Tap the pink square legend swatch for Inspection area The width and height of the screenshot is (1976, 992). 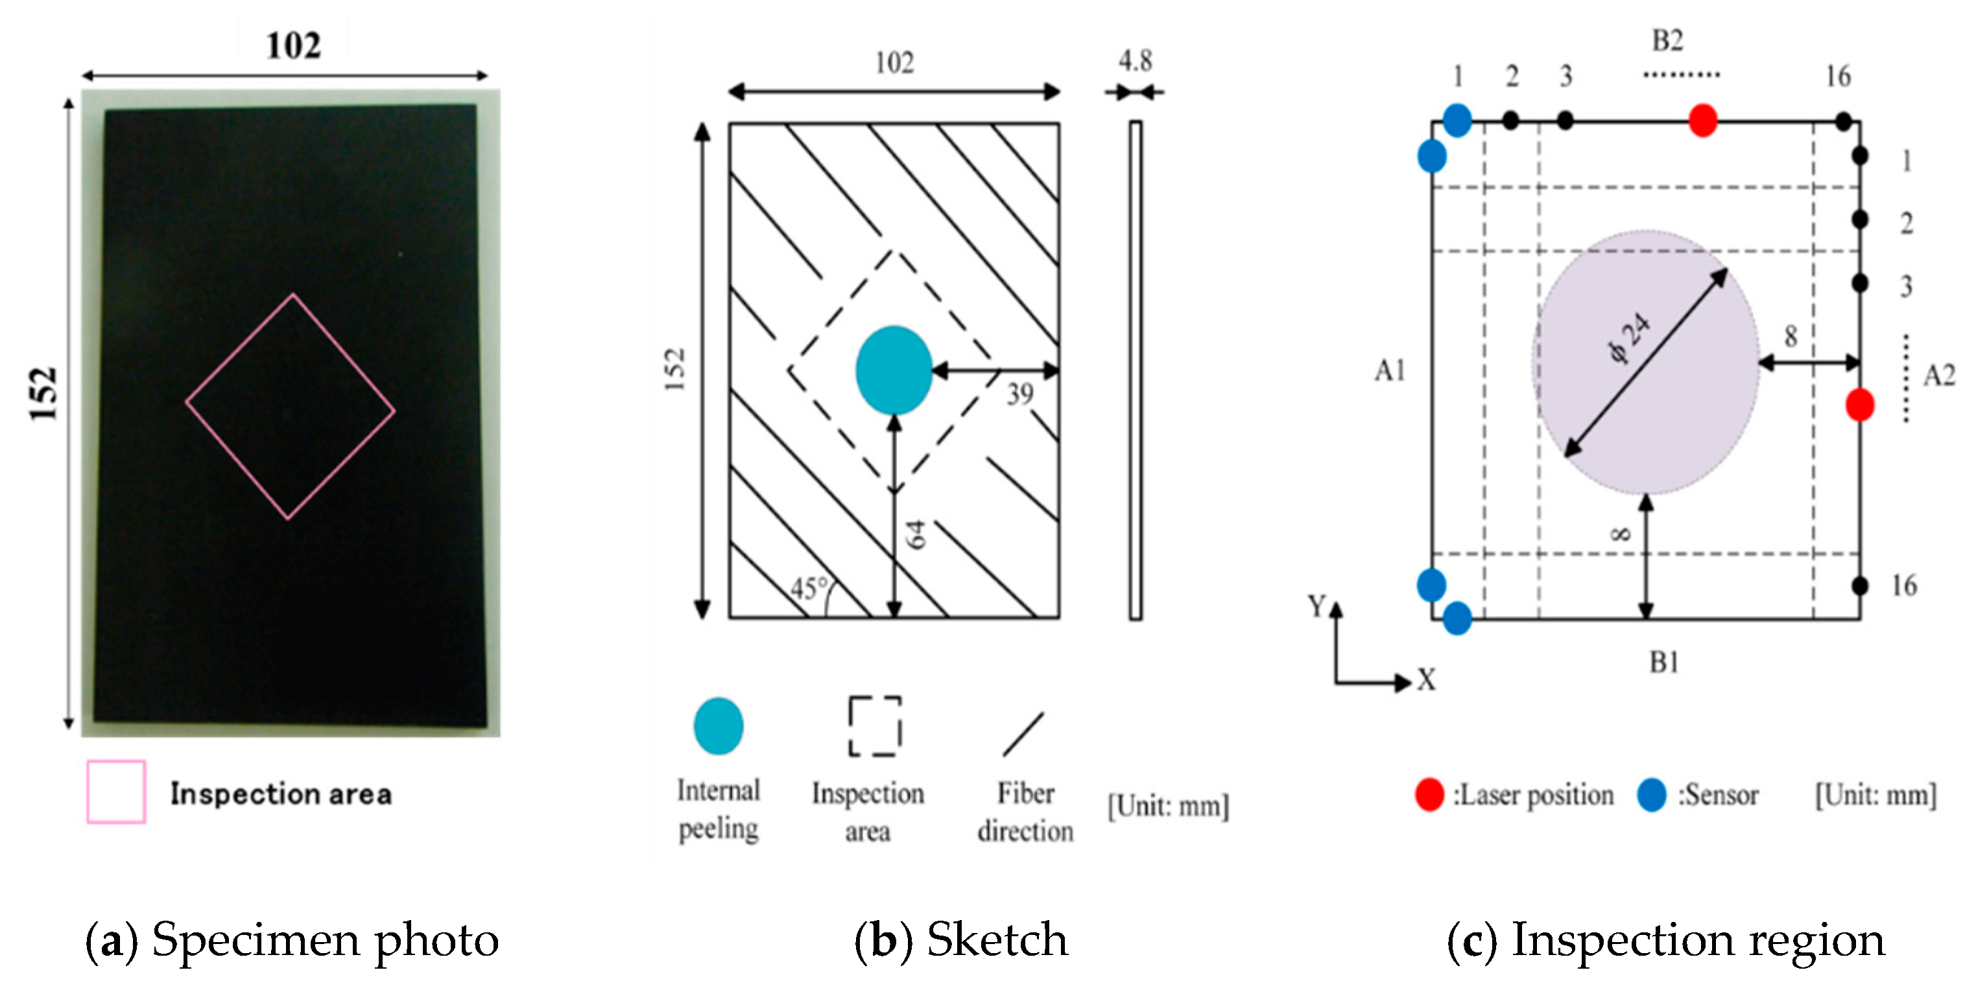tap(116, 791)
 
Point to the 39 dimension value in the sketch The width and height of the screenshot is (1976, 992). tap(1019, 394)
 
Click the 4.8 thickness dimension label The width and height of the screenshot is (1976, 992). tap(1134, 60)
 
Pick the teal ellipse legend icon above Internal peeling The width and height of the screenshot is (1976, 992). tap(718, 726)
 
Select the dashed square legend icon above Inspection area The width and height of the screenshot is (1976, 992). tap(874, 726)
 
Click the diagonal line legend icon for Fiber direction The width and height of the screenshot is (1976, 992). tap(1023, 733)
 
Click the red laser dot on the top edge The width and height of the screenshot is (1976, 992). tap(1702, 121)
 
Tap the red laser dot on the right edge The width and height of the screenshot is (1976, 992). tap(1859, 405)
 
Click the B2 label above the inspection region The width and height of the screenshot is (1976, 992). tap(1667, 40)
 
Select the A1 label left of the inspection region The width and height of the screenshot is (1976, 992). tap(1389, 372)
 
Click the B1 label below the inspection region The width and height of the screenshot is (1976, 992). tap(1664, 661)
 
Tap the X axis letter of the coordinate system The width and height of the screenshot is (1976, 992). tap(1426, 679)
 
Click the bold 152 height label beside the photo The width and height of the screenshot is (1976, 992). tap(43, 394)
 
